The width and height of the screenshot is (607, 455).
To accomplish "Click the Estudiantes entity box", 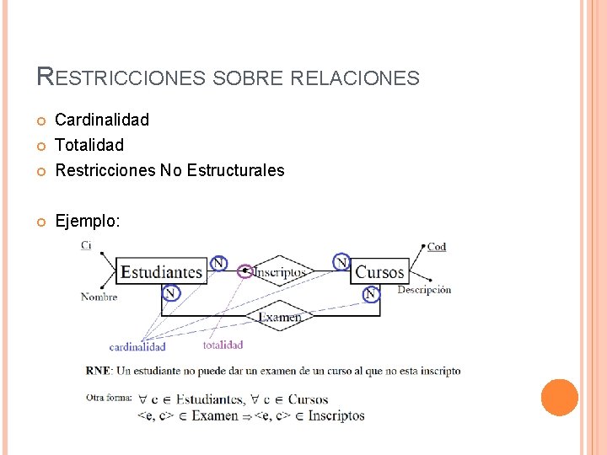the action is [x=161, y=271].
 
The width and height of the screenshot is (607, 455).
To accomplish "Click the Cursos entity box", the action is [x=379, y=271].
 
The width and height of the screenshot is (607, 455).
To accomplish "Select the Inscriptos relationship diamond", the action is [x=279, y=271].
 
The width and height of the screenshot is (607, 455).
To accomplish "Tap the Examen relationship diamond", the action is [x=279, y=317].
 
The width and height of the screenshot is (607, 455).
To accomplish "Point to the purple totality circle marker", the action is [x=245, y=271].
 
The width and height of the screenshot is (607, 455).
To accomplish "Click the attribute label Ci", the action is [x=86, y=245].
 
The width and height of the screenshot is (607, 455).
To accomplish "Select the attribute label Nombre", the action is [x=99, y=297].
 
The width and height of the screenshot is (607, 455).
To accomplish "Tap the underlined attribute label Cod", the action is [x=437, y=247].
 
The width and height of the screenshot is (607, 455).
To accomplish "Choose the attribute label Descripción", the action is [x=424, y=290].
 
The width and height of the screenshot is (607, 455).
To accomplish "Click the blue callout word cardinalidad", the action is [x=137, y=346].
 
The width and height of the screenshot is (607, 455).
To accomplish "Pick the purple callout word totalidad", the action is [x=223, y=344].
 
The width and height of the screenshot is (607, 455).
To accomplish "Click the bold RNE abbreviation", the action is [x=97, y=371].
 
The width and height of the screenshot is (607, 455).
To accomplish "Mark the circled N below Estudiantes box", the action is [x=171, y=293].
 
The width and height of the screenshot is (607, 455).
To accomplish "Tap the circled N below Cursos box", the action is [x=370, y=294].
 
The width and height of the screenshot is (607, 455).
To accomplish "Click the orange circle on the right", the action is [x=559, y=397].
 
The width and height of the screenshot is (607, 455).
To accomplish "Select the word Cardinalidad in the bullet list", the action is [x=102, y=120].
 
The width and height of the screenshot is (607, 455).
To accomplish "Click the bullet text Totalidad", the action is [x=89, y=145].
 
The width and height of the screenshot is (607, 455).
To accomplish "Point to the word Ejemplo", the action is [x=88, y=221].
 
